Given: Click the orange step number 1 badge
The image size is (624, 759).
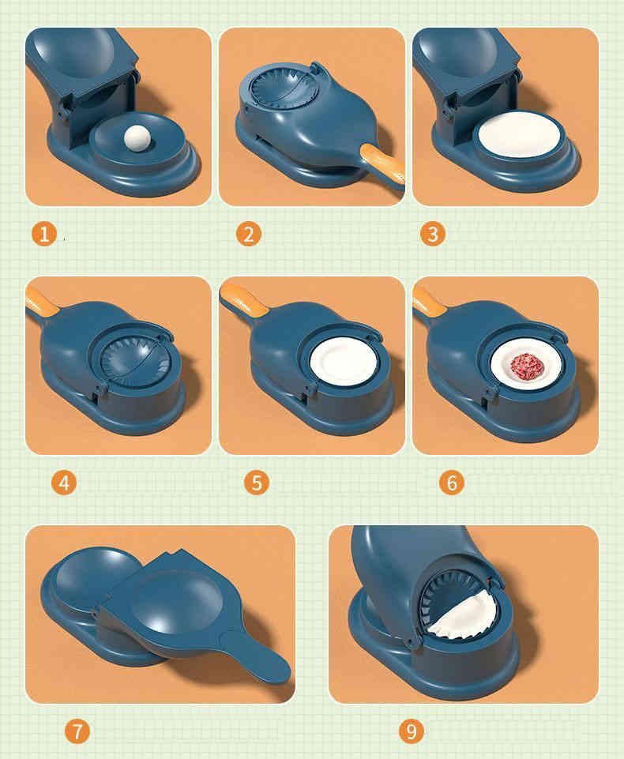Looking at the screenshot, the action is (x=44, y=234).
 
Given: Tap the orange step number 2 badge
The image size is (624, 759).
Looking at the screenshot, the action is (x=249, y=234).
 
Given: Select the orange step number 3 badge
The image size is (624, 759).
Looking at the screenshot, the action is (x=433, y=234).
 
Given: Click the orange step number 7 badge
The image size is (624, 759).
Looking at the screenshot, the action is (x=77, y=731).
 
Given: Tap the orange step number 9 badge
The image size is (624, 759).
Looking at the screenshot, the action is (x=412, y=731).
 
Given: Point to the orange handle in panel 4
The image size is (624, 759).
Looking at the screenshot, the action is (x=41, y=300).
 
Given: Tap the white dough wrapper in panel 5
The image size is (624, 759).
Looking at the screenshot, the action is (x=344, y=362).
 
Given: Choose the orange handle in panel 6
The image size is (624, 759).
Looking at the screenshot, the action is (x=427, y=300).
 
